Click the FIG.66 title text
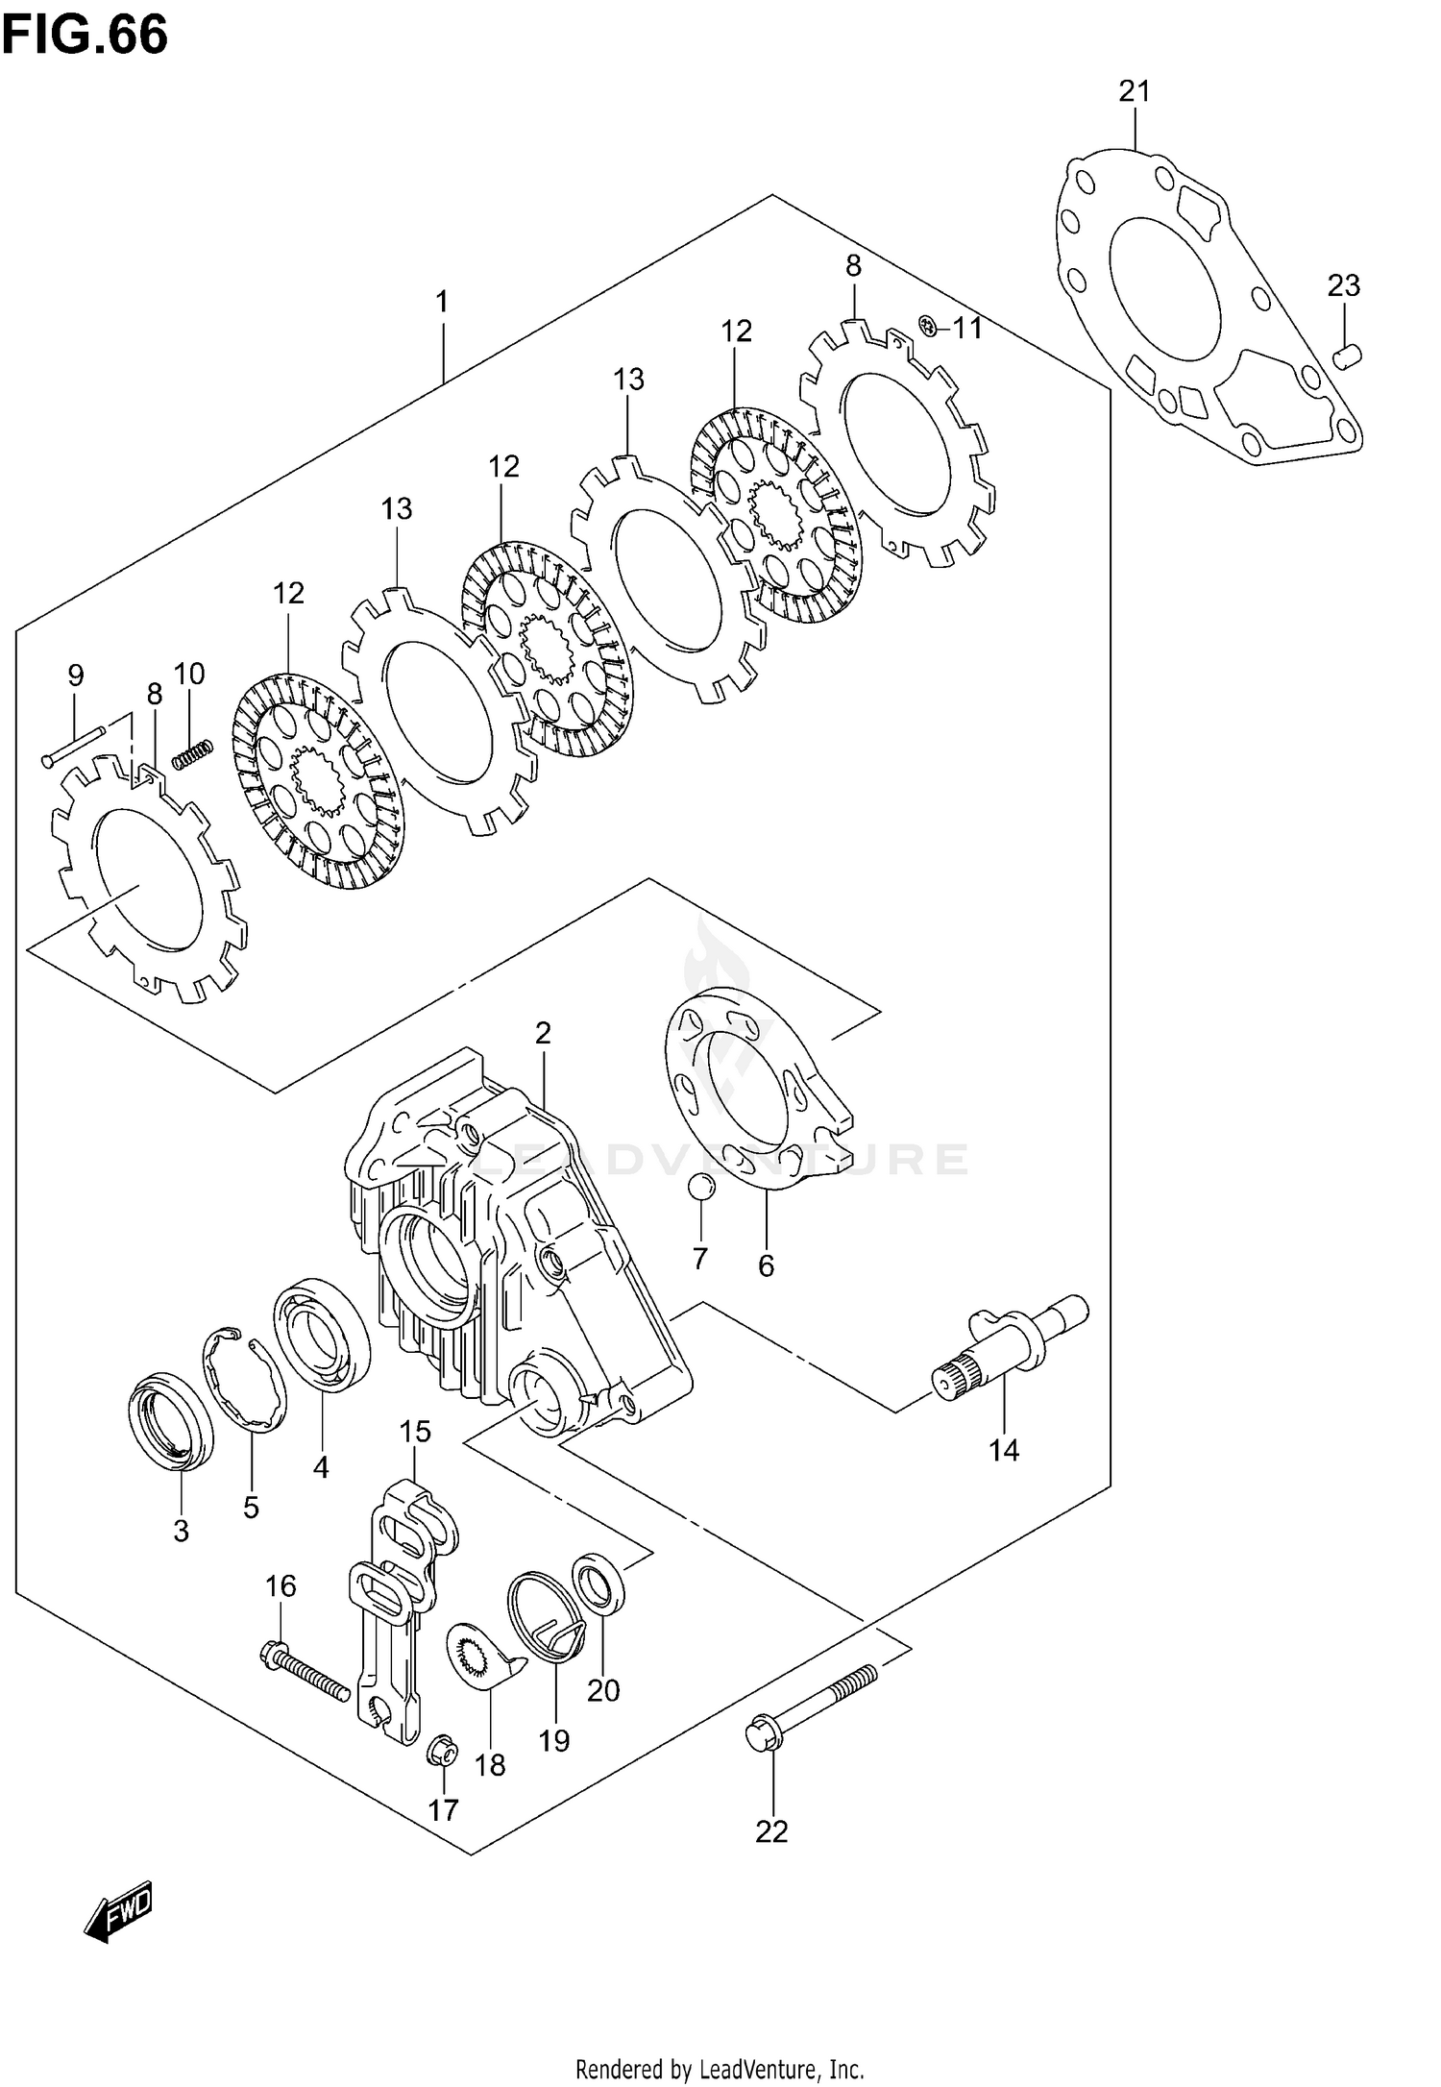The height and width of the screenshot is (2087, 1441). pos(85,35)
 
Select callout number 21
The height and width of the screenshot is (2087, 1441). pos(1134,92)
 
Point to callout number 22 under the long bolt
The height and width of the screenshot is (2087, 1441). pos(771,1832)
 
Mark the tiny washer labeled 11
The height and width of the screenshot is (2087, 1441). pos(927,327)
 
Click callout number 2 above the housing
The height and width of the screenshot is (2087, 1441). pos(543,1034)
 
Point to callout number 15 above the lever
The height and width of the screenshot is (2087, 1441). pos(415,1432)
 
